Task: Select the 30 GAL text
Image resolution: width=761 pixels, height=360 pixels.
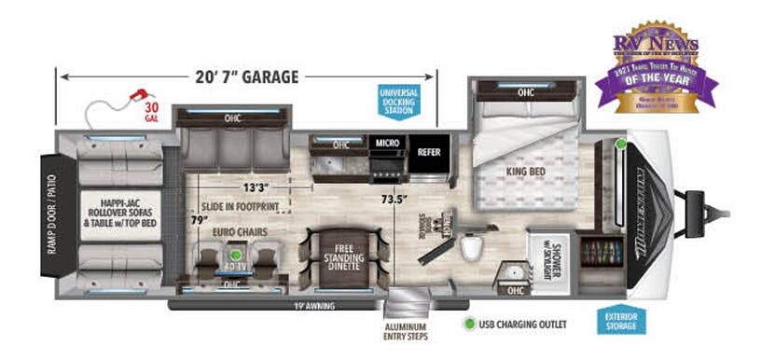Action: pyautogui.click(x=152, y=114)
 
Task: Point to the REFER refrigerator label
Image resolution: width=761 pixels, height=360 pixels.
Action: pyautogui.click(x=429, y=151)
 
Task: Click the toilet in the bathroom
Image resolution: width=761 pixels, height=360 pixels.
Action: pyautogui.click(x=474, y=247)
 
